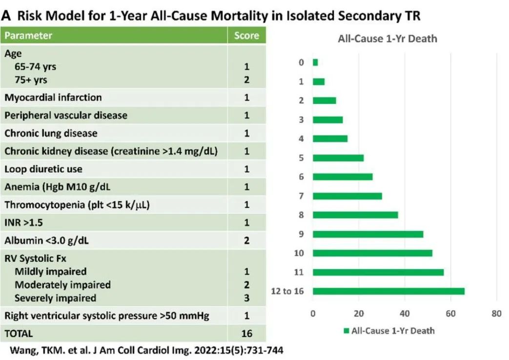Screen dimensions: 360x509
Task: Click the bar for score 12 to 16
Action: tap(388, 291)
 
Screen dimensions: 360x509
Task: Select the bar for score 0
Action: tap(315, 62)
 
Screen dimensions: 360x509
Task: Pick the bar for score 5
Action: tap(338, 158)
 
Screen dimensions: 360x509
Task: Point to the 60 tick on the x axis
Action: tap(450, 314)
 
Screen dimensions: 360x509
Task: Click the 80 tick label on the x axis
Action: tap(496, 314)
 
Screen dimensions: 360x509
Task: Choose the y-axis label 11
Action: tap(301, 272)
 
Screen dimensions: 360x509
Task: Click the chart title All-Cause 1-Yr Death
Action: tap(387, 39)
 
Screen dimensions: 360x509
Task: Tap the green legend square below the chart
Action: tap(346, 331)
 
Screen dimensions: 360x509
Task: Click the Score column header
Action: tap(246, 36)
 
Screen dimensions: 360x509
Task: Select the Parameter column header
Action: tap(28, 36)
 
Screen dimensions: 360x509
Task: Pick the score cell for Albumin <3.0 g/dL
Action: tap(246, 240)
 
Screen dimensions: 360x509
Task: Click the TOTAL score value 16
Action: tap(246, 334)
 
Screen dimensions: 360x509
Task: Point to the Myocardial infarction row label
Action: tap(53, 97)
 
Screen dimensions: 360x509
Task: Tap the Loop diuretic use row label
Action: tap(43, 169)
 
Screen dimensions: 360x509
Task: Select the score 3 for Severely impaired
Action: tap(246, 298)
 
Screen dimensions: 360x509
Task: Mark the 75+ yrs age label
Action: tap(31, 79)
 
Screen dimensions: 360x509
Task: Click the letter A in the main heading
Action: tap(6, 15)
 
